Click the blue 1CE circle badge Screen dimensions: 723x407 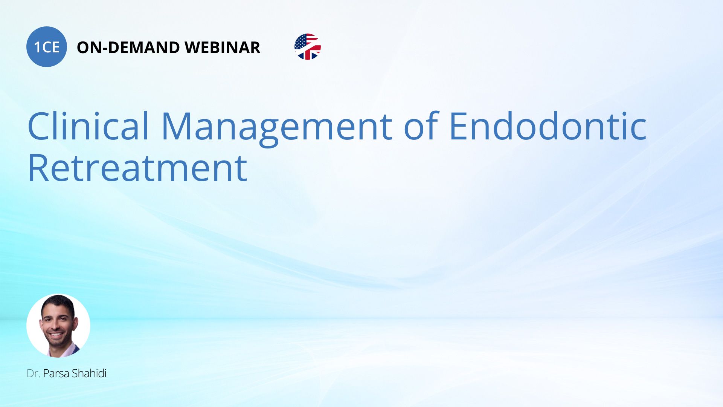[x=47, y=47]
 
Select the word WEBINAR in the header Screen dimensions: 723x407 [x=223, y=47]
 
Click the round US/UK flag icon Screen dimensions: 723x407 [x=308, y=47]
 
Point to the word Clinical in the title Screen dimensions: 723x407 [x=88, y=126]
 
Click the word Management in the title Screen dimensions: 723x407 [x=277, y=128]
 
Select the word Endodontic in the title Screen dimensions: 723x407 [x=548, y=126]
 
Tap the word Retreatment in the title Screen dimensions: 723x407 [x=137, y=167]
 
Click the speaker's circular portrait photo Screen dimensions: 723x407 [x=58, y=326]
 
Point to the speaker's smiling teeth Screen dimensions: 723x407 [x=56, y=335]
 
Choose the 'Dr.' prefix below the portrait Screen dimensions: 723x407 [x=33, y=373]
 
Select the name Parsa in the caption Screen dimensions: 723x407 [x=56, y=373]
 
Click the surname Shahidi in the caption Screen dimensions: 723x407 [x=89, y=373]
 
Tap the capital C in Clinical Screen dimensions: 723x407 [x=40, y=126]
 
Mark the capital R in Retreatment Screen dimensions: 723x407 [x=40, y=167]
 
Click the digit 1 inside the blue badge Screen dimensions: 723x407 [x=37, y=47]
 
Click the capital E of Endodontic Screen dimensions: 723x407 [x=459, y=126]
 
